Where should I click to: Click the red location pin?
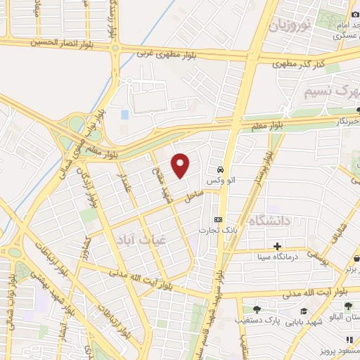181,165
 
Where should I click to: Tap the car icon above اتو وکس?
221,169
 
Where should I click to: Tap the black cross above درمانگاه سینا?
278,246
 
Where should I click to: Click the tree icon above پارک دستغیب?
255,309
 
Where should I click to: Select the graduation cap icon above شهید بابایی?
303,311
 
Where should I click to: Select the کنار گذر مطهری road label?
298,65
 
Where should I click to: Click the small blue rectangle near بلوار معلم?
125,114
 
